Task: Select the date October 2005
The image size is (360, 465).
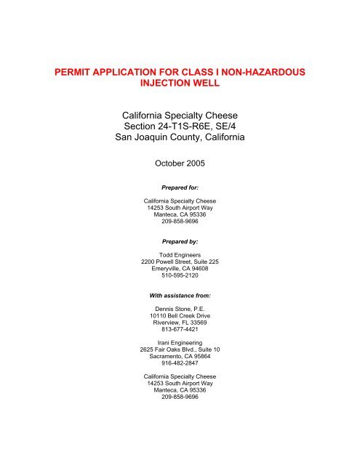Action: pos(180,175)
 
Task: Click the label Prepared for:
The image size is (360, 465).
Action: pos(180,206)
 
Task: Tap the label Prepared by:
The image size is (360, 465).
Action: pos(180,257)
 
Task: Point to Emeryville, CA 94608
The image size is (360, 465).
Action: pos(180,292)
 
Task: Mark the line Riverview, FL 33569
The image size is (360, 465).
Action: pos(180,351)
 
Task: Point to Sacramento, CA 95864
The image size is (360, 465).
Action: pos(180,387)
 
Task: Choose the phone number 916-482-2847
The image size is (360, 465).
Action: pos(180,395)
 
